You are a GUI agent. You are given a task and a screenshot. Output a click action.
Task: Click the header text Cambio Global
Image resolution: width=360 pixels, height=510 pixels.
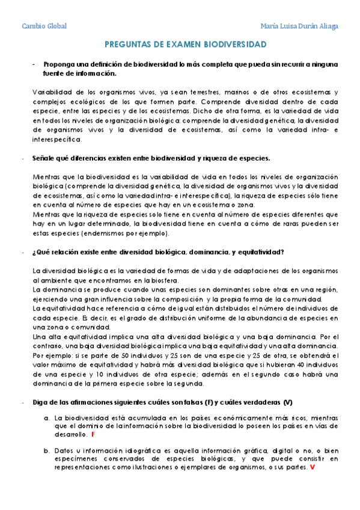coord(44,26)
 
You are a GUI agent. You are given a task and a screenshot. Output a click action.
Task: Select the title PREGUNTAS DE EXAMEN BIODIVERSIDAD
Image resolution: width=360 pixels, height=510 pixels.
coord(186,45)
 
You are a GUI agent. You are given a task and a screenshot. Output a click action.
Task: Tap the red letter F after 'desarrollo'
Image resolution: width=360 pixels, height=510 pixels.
coord(93,434)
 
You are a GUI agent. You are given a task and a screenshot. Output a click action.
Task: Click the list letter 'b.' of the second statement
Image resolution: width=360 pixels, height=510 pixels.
coord(46,450)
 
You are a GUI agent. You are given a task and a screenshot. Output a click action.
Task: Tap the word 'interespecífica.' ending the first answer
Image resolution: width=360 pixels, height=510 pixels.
coord(57,139)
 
